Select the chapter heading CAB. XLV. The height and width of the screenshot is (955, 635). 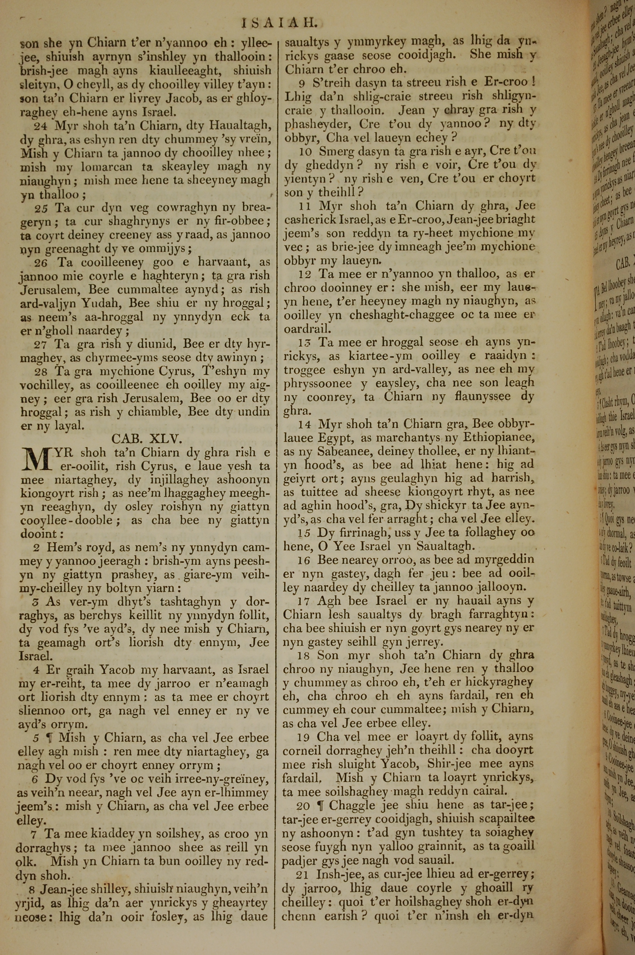click(x=147, y=439)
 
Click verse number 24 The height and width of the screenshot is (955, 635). click(x=41, y=126)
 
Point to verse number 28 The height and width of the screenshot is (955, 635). click(x=41, y=372)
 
